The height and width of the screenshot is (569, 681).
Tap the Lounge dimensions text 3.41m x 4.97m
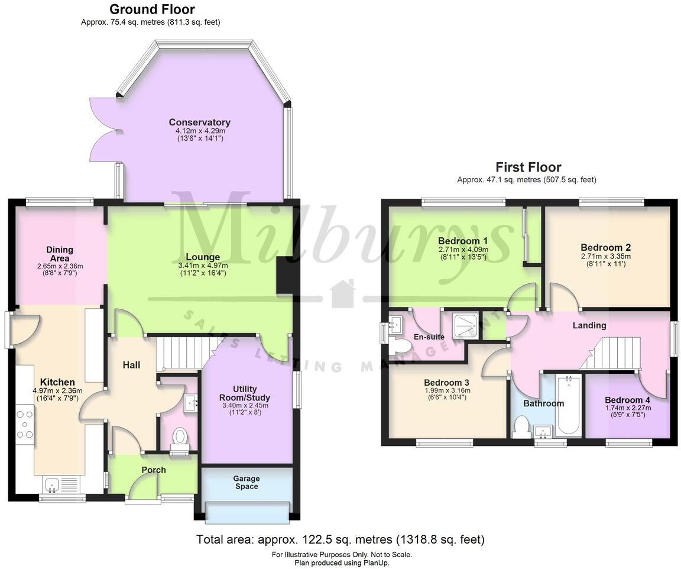(203, 266)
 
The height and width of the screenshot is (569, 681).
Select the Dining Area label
(60, 254)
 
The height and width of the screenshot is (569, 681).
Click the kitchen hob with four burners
(25, 425)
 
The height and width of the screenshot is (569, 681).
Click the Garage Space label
(247, 483)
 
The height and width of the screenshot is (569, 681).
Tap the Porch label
(154, 470)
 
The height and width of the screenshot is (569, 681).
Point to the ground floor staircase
(180, 353)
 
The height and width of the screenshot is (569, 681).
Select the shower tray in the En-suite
(467, 326)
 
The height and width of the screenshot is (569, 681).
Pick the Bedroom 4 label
(627, 400)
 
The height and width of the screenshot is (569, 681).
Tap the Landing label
(589, 325)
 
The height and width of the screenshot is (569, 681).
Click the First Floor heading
(528, 167)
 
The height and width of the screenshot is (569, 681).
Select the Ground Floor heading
(152, 9)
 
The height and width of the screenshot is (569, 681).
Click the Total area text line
(340, 539)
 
